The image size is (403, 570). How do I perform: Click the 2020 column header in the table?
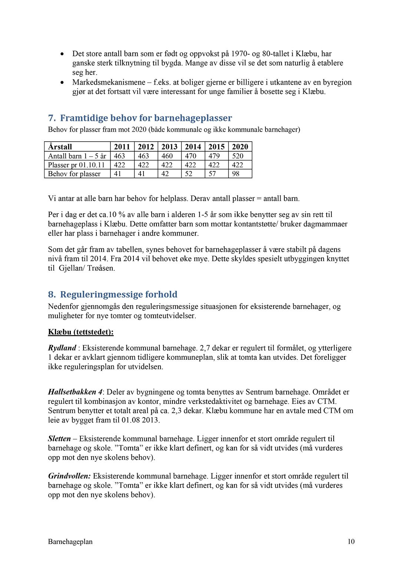click(x=240, y=146)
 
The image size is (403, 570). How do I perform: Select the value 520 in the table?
click(x=238, y=156)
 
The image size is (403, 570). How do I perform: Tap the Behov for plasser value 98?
click(x=236, y=174)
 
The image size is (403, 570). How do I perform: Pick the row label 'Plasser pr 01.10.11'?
click(x=76, y=165)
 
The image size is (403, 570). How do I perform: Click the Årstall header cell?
click(x=60, y=146)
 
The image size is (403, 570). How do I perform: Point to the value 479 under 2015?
click(x=214, y=156)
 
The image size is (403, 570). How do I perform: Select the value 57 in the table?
click(x=212, y=174)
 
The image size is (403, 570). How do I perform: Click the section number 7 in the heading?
click(x=52, y=118)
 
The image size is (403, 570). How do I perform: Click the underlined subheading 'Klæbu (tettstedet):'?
click(x=81, y=332)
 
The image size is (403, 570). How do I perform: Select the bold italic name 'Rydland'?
click(x=62, y=348)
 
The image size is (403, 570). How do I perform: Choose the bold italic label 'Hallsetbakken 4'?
click(x=75, y=392)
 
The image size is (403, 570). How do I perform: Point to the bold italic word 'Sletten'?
click(x=59, y=439)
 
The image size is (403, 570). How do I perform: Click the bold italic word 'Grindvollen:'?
click(x=69, y=476)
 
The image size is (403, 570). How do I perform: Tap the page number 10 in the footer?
click(x=351, y=541)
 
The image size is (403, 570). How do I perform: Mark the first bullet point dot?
click(x=62, y=54)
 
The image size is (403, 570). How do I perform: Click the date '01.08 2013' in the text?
click(x=141, y=420)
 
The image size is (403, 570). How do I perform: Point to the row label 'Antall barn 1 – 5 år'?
click(x=77, y=156)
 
